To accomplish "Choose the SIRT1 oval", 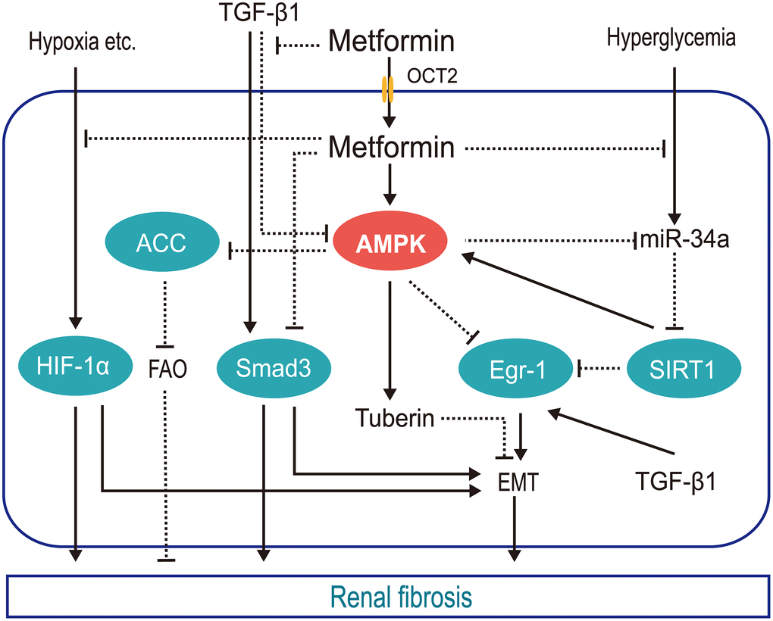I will (677, 369).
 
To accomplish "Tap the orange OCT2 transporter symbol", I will (390, 89).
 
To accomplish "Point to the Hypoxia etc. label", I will (82, 42).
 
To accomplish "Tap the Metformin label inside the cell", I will (391, 148).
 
